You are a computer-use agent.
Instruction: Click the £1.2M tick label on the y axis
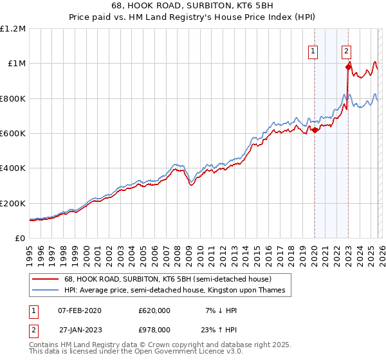13,29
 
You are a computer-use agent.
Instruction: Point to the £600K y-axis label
13,134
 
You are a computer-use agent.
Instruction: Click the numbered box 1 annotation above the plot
313,52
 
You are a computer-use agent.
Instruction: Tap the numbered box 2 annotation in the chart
346,52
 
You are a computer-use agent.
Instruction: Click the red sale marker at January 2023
348,66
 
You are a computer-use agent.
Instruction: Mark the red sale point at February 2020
315,130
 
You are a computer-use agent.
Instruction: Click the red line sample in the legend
46,280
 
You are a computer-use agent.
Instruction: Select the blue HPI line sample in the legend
46,291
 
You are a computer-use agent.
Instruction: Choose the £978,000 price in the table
154,329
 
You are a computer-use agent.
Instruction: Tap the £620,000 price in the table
154,310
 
